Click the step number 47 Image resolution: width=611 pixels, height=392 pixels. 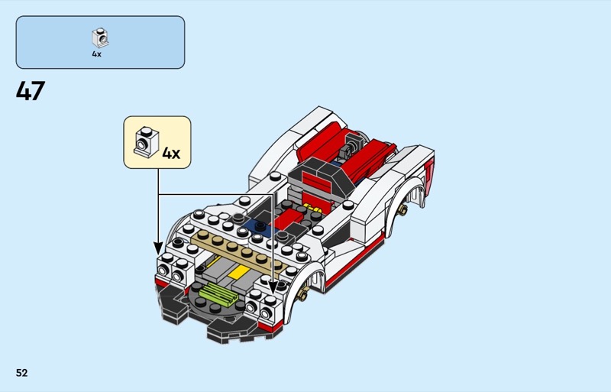31,92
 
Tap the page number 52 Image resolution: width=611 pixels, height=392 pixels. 21,373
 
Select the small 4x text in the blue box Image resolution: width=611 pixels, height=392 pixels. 97,54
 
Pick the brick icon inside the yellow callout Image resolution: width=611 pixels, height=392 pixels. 145,141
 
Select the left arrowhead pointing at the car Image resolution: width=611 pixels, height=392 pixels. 158,248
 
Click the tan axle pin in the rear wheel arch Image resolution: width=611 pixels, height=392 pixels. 402,209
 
